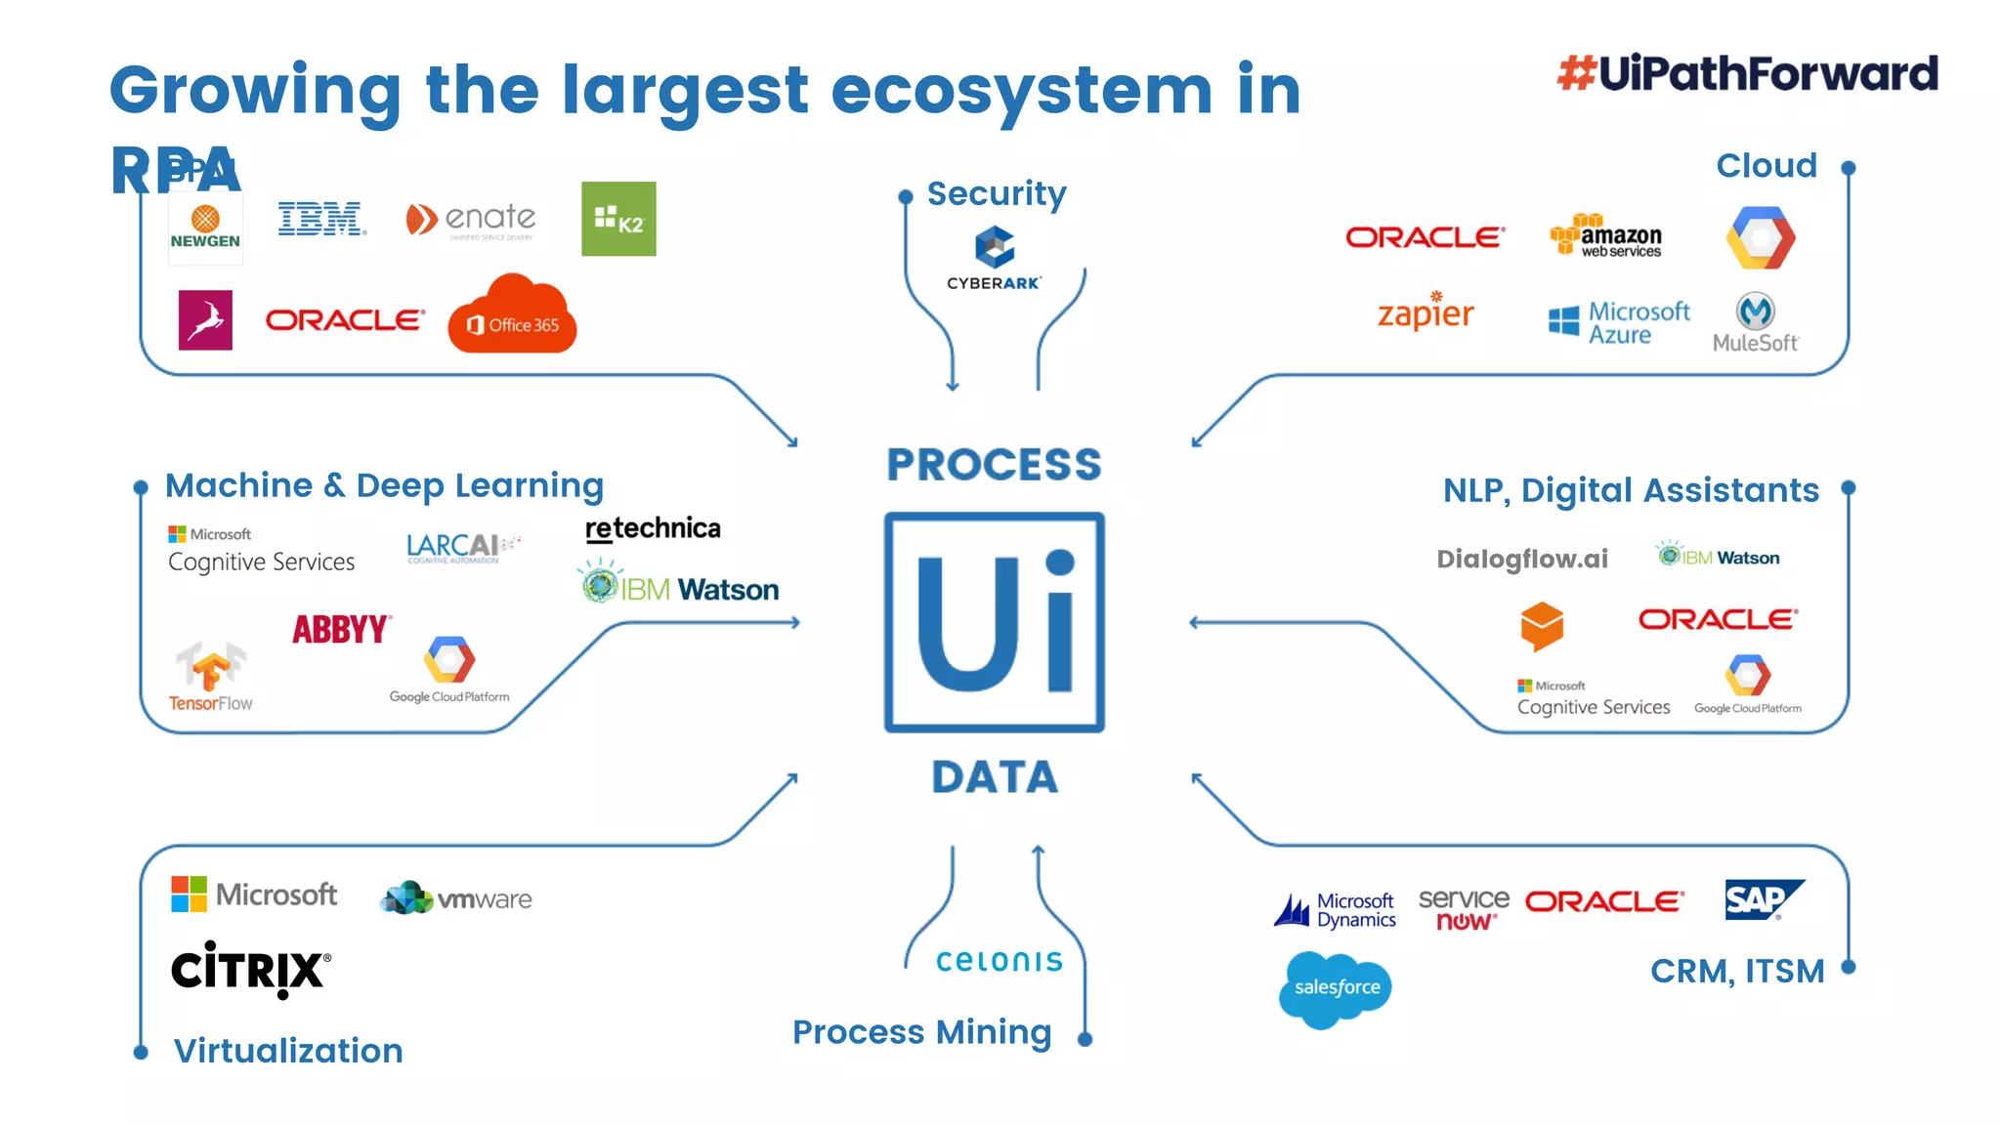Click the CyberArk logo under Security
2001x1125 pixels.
[x=994, y=258]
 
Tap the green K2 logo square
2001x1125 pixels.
[x=618, y=219]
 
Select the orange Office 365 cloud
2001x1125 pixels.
[x=512, y=317]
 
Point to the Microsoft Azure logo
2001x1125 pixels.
[x=1619, y=322]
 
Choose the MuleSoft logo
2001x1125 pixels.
[x=1756, y=322]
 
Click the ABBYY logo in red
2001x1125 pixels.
[x=342, y=629]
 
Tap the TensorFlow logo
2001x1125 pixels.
[x=211, y=677]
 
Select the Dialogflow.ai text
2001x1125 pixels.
[x=1521, y=559]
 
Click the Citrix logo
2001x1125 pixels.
[x=251, y=970]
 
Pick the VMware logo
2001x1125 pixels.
[x=456, y=897]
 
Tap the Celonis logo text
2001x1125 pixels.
[x=999, y=961]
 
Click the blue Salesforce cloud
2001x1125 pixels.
[x=1336, y=988]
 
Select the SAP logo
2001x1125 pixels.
[x=1763, y=899]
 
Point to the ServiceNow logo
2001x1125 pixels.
[x=1463, y=908]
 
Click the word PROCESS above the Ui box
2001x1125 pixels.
[x=994, y=465]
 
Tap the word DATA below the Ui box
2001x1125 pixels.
[x=994, y=777]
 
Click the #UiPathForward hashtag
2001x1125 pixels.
[x=1747, y=73]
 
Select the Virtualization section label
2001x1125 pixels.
[x=288, y=1051]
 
